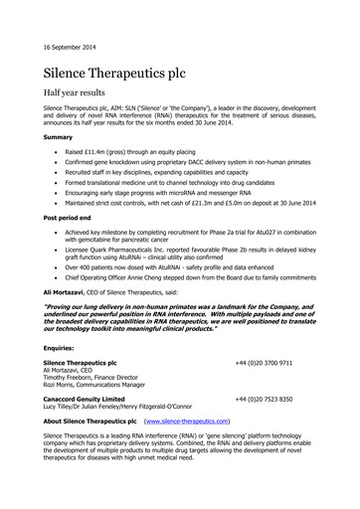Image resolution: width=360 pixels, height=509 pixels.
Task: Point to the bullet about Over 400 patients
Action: click(x=179, y=267)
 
